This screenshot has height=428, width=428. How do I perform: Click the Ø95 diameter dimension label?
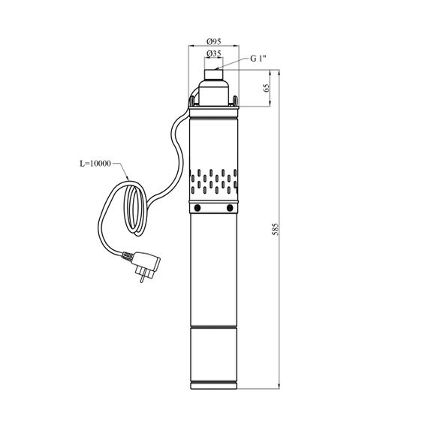tap(214, 41)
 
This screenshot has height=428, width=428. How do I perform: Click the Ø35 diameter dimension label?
tap(214, 54)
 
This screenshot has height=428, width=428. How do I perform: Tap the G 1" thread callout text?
tap(258, 59)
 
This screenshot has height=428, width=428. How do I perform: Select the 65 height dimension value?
tap(267, 88)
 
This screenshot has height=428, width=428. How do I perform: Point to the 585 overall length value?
tap(276, 229)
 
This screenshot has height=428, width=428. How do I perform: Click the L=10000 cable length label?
tap(95, 164)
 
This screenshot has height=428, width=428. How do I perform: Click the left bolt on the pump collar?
tap(197, 208)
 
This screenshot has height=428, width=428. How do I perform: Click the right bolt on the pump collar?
tap(230, 208)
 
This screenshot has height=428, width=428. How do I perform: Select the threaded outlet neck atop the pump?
tap(214, 74)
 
